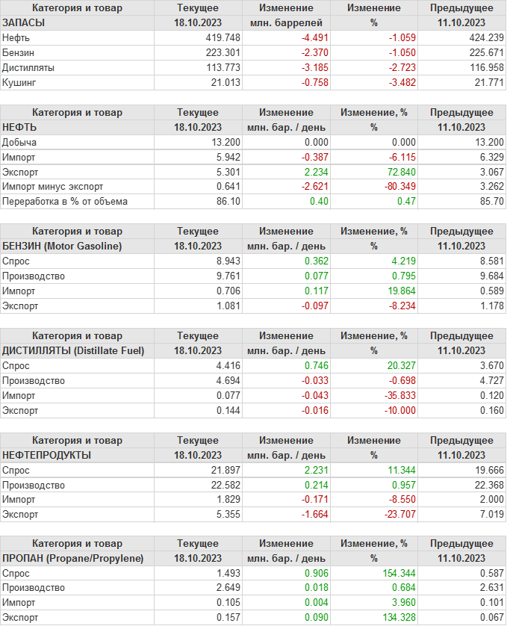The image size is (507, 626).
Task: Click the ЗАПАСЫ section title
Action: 24,22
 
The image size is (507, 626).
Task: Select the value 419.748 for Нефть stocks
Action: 223,37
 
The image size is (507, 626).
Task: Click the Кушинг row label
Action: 19,82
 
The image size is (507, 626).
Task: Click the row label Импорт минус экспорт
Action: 53,187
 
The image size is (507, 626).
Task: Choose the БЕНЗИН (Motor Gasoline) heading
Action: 62,246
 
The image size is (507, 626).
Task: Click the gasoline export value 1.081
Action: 227,306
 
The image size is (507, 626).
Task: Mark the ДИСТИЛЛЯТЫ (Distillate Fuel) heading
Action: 73,350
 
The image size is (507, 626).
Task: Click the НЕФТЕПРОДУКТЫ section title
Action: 47,455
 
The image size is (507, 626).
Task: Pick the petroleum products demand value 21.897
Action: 225,470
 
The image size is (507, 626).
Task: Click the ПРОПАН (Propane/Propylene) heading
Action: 73,559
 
